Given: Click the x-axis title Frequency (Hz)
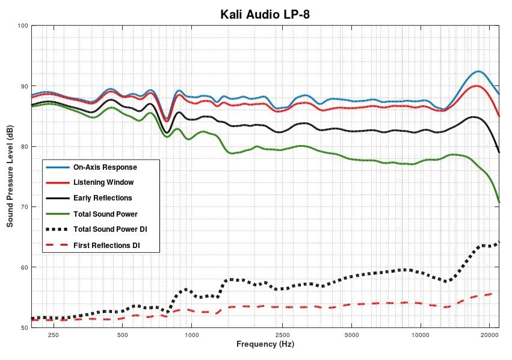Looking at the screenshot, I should coord(265,345).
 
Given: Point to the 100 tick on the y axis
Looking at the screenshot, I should coord(23,26).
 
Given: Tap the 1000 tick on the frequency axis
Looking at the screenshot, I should coord(192,335).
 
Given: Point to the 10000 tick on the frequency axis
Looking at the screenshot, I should coord(420,335).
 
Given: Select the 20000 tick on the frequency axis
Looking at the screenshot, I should coord(489,335).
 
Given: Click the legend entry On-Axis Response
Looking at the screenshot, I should coord(105,167).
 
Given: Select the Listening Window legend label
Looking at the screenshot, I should coord(103,182).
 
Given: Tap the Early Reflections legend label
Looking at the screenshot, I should coord(103,198).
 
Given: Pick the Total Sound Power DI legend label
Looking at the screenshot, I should coord(110,229).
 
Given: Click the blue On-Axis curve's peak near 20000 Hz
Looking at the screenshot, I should coord(478,71).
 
